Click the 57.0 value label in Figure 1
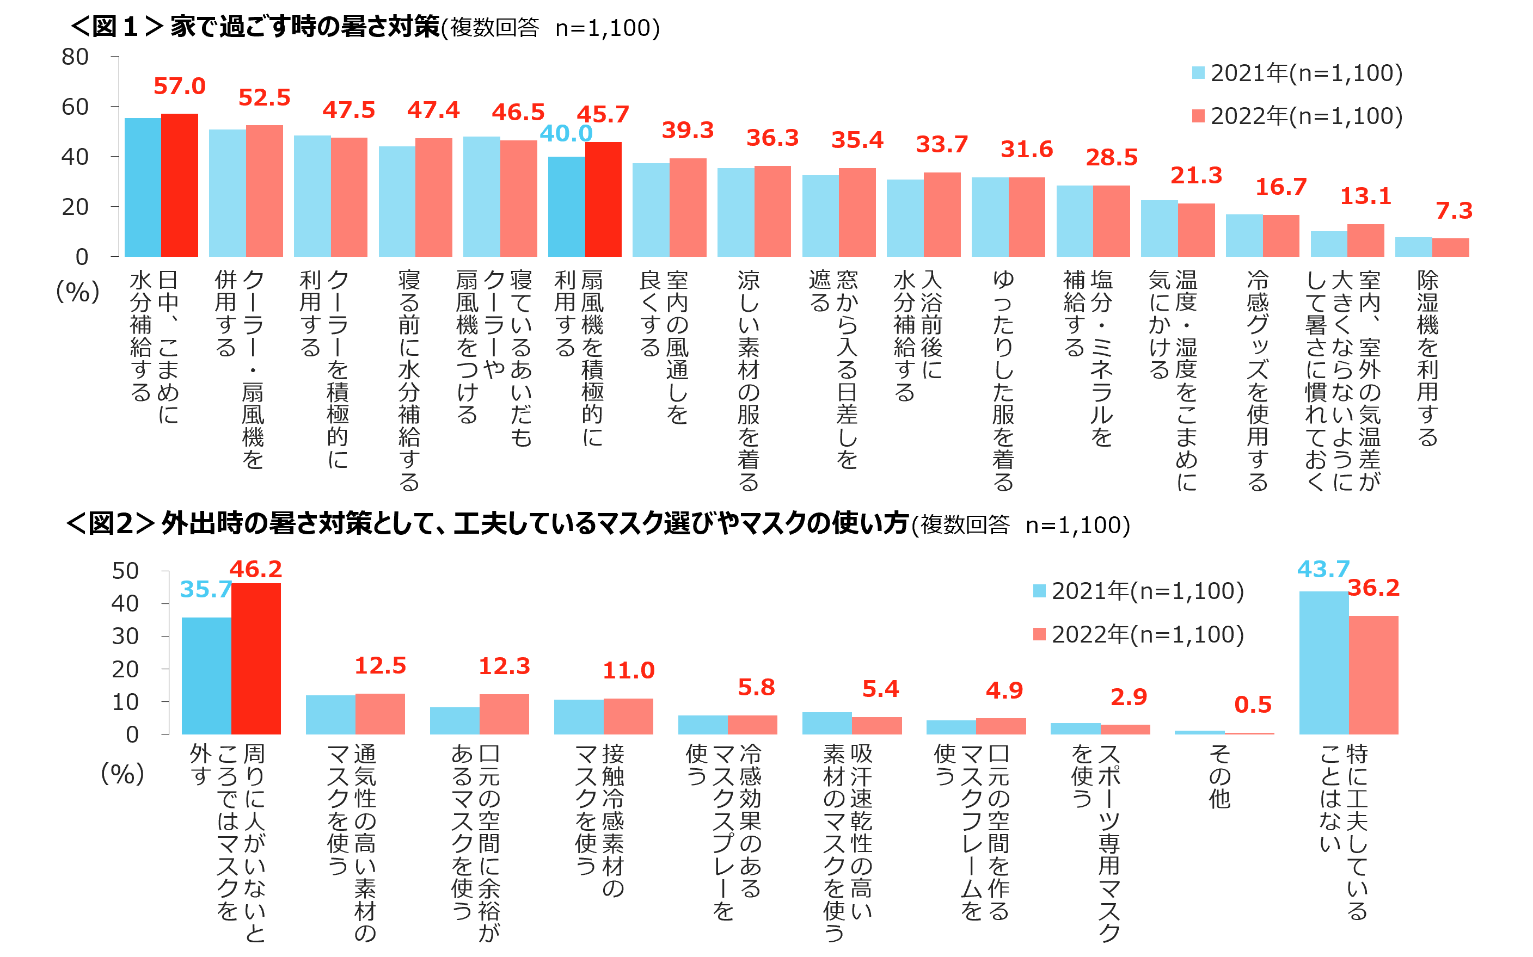tap(179, 86)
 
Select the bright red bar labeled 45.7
tap(603, 199)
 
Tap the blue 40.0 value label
tap(566, 133)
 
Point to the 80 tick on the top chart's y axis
tap(75, 57)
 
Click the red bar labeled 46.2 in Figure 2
tap(256, 658)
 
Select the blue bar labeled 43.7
tap(1323, 662)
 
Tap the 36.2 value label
tap(1373, 588)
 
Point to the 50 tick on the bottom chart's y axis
tap(125, 571)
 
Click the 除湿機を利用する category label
tap(1427, 357)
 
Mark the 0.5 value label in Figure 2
tap(1253, 705)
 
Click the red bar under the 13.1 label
tap(1365, 240)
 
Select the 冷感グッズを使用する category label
tap(1258, 380)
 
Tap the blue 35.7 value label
tap(205, 589)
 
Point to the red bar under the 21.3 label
tap(1195, 230)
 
